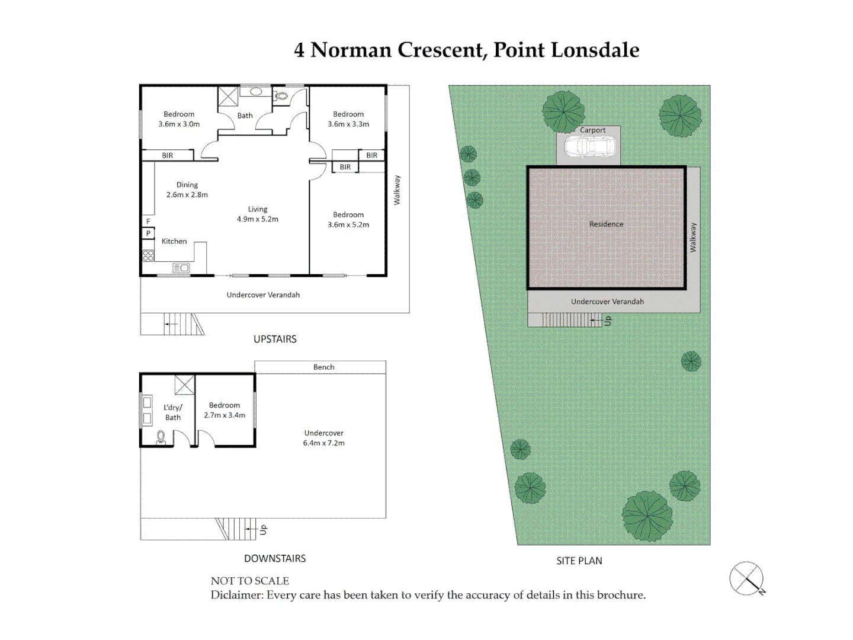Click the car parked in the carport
589,146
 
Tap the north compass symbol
746,578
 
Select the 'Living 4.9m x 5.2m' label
258,214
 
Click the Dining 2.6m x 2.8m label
187,190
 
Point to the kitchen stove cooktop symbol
148,255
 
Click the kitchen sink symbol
181,268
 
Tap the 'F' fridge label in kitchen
148,222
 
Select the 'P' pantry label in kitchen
148,233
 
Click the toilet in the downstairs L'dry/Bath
161,437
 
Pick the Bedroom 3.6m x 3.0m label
179,119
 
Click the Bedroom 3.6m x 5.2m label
348,219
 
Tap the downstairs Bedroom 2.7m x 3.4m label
225,410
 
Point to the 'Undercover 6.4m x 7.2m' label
323,438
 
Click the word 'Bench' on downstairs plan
323,367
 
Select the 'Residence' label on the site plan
606,224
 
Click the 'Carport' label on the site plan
592,130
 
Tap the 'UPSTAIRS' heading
275,339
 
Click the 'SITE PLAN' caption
579,561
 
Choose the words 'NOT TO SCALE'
250,581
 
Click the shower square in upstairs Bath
228,96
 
